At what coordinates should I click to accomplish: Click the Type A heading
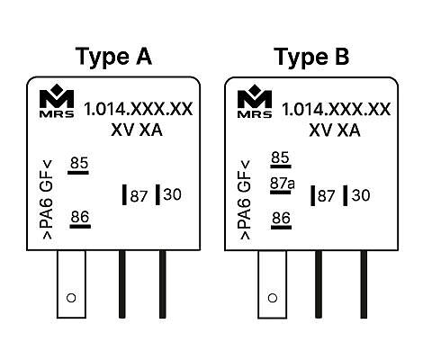click(x=113, y=57)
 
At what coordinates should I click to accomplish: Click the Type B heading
click(x=311, y=57)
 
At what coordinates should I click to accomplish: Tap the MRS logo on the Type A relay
click(x=57, y=101)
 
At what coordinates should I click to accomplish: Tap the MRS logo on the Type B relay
click(x=255, y=101)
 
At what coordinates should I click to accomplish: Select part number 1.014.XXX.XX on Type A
click(x=139, y=109)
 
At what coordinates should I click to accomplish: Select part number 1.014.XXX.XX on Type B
click(x=337, y=109)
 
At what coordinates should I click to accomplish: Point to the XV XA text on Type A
click(x=137, y=130)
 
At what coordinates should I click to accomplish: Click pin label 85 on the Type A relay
click(x=79, y=163)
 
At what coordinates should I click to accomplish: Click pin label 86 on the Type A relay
click(x=80, y=217)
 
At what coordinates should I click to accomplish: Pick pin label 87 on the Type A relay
click(x=139, y=196)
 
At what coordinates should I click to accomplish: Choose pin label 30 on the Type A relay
click(x=173, y=194)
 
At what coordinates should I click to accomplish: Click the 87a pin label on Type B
click(x=283, y=184)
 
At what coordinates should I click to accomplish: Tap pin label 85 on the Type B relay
click(x=280, y=157)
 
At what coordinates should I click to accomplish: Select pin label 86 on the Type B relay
click(x=281, y=218)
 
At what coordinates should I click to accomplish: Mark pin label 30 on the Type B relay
click(x=361, y=195)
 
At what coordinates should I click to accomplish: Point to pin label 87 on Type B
click(x=327, y=196)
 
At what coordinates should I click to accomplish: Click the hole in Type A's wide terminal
click(x=71, y=298)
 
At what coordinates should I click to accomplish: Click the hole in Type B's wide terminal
click(x=273, y=298)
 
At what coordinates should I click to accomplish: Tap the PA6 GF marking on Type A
click(x=47, y=200)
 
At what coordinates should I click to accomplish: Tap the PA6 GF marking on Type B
click(x=245, y=200)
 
